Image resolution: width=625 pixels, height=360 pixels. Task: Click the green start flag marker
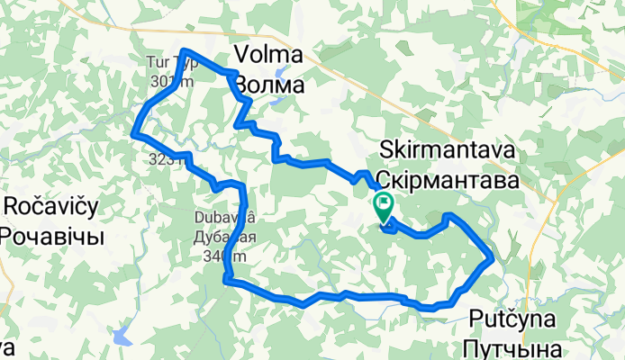point(384,206)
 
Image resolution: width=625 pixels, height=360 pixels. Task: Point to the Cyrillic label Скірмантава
point(448,179)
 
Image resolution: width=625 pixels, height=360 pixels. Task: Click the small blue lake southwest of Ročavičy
point(120,337)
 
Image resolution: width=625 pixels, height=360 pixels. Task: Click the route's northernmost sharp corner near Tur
point(185,50)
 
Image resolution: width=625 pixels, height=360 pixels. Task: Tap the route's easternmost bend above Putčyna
point(492,259)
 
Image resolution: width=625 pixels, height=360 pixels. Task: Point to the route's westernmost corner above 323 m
point(134,133)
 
